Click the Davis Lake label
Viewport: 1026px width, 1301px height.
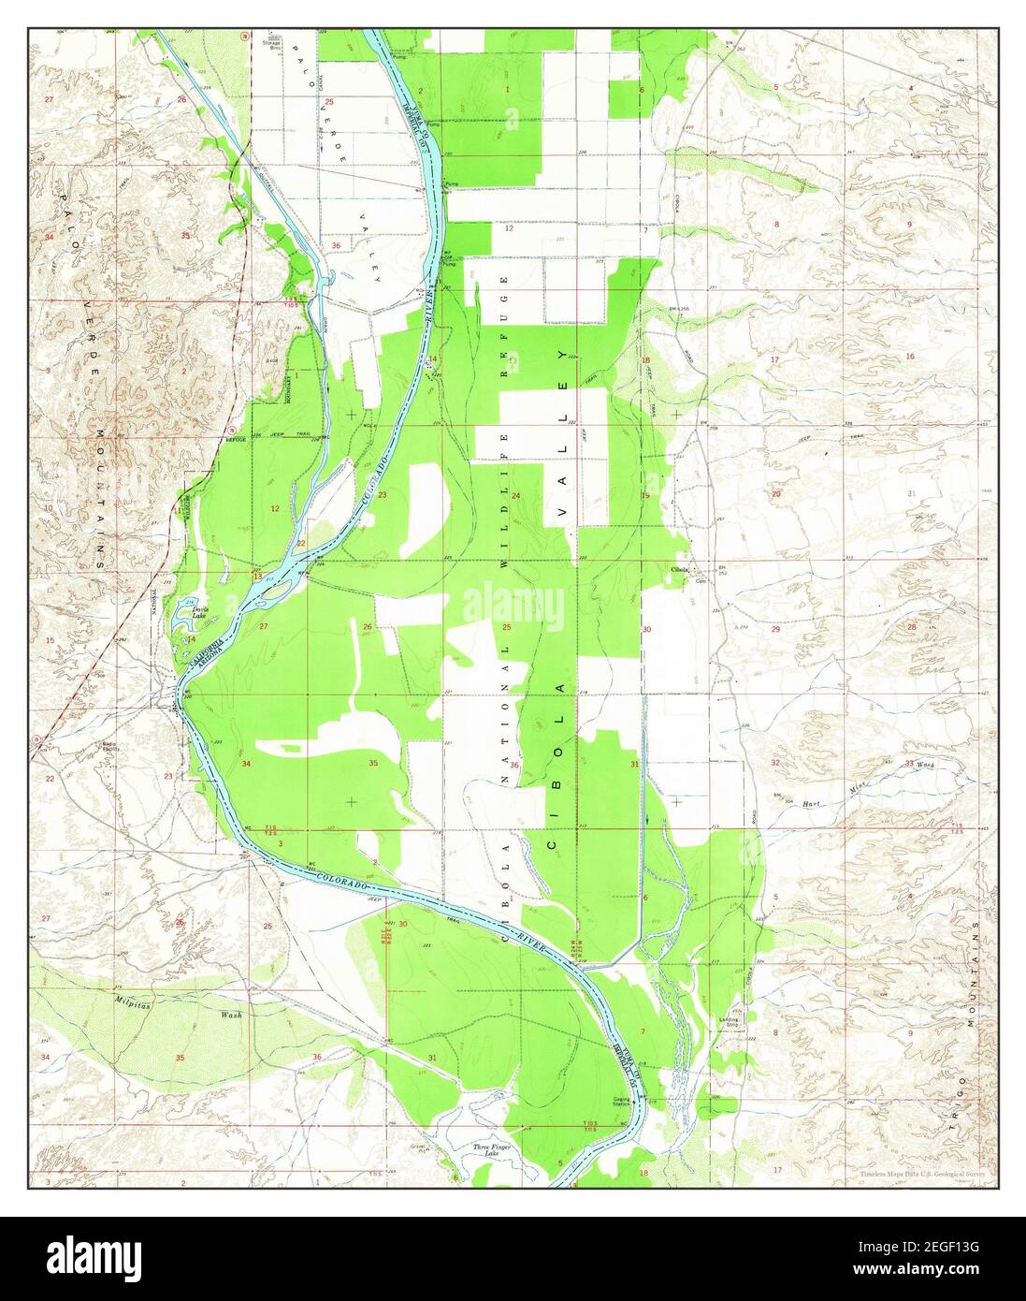tap(198, 609)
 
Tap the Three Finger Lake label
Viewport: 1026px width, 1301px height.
tap(485, 1149)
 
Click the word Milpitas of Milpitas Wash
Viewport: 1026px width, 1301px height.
tap(133, 1001)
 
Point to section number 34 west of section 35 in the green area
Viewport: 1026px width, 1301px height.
tap(246, 764)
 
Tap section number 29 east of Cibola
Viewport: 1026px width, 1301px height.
tap(774, 630)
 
